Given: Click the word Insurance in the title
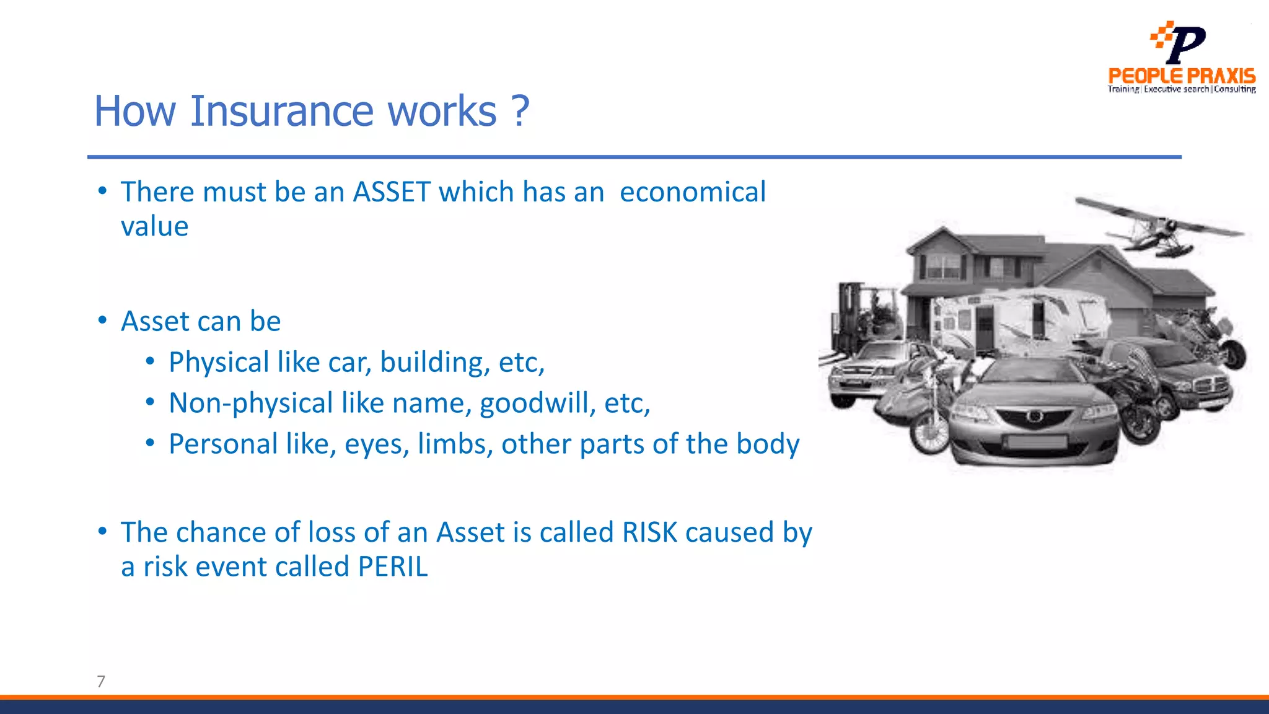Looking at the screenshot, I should [x=281, y=112].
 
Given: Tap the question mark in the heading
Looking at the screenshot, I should [x=521, y=112].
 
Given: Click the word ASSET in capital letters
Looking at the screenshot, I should [x=392, y=192].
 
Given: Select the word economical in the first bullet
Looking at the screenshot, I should [x=692, y=192].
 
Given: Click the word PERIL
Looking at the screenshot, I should [x=393, y=566].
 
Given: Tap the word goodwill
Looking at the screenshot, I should [x=537, y=403].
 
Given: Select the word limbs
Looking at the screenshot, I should [x=455, y=444].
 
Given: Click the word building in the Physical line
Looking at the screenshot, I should [x=435, y=363].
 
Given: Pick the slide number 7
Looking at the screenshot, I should [x=101, y=681].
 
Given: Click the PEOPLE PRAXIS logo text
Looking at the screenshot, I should [x=1182, y=76].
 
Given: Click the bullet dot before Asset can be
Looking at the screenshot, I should [x=103, y=321].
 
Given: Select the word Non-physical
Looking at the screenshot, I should [x=251, y=403].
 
